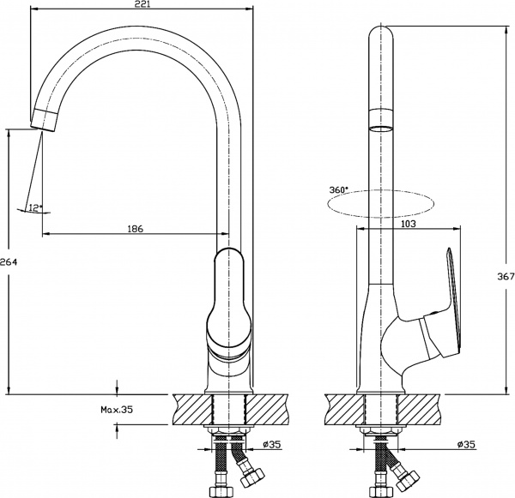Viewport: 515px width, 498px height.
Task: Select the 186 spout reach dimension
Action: [135, 229]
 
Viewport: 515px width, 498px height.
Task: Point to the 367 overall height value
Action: [506, 276]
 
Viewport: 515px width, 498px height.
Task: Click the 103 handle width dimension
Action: [408, 225]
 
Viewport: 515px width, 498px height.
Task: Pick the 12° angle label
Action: [34, 207]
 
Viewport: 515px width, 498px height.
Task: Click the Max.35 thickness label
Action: [116, 411]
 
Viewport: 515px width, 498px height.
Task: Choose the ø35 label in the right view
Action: [466, 444]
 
